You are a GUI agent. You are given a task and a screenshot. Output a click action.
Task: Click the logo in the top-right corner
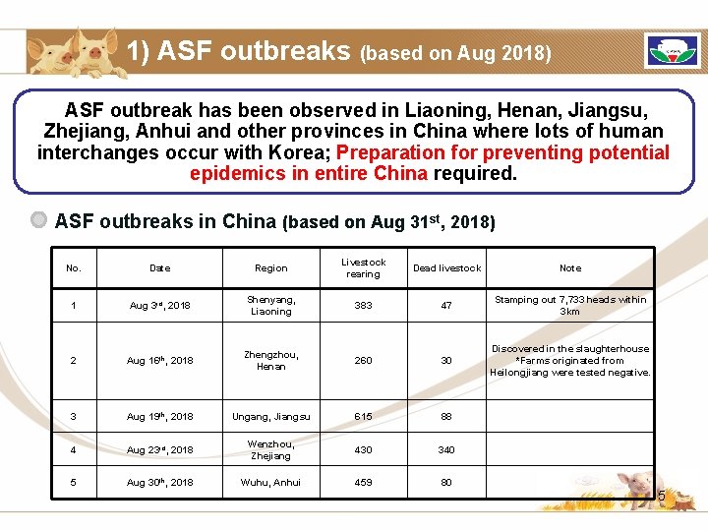click(672, 50)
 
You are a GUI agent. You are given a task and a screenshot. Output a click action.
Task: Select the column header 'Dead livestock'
click(446, 268)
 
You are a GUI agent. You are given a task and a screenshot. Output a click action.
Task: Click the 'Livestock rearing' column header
click(363, 268)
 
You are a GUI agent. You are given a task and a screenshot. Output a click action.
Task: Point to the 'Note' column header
click(570, 268)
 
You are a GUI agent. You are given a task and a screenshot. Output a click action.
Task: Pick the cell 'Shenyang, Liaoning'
click(271, 306)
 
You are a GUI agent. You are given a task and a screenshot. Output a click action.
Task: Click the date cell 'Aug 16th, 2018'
click(159, 361)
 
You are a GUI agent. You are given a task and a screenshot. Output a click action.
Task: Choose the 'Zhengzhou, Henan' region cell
click(271, 361)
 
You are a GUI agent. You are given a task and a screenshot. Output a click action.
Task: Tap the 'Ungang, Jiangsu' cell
click(271, 417)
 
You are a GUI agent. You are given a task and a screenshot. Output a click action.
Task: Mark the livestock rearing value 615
click(363, 417)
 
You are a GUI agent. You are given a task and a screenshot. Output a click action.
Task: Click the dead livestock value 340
click(446, 450)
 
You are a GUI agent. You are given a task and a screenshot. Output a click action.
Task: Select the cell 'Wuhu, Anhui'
click(271, 483)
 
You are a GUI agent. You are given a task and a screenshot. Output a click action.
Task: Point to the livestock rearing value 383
click(363, 306)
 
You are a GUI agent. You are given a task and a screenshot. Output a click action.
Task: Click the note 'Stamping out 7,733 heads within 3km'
click(570, 306)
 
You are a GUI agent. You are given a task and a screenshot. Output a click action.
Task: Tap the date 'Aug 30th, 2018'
click(159, 483)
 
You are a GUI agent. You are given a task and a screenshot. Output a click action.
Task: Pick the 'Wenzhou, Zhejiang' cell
click(271, 450)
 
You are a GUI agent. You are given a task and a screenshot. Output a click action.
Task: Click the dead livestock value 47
click(446, 306)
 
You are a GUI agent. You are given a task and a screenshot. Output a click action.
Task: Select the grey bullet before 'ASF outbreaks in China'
click(39, 220)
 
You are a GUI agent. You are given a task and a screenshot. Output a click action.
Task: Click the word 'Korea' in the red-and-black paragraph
click(302, 152)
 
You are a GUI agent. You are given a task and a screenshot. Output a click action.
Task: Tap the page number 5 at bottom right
click(661, 497)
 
